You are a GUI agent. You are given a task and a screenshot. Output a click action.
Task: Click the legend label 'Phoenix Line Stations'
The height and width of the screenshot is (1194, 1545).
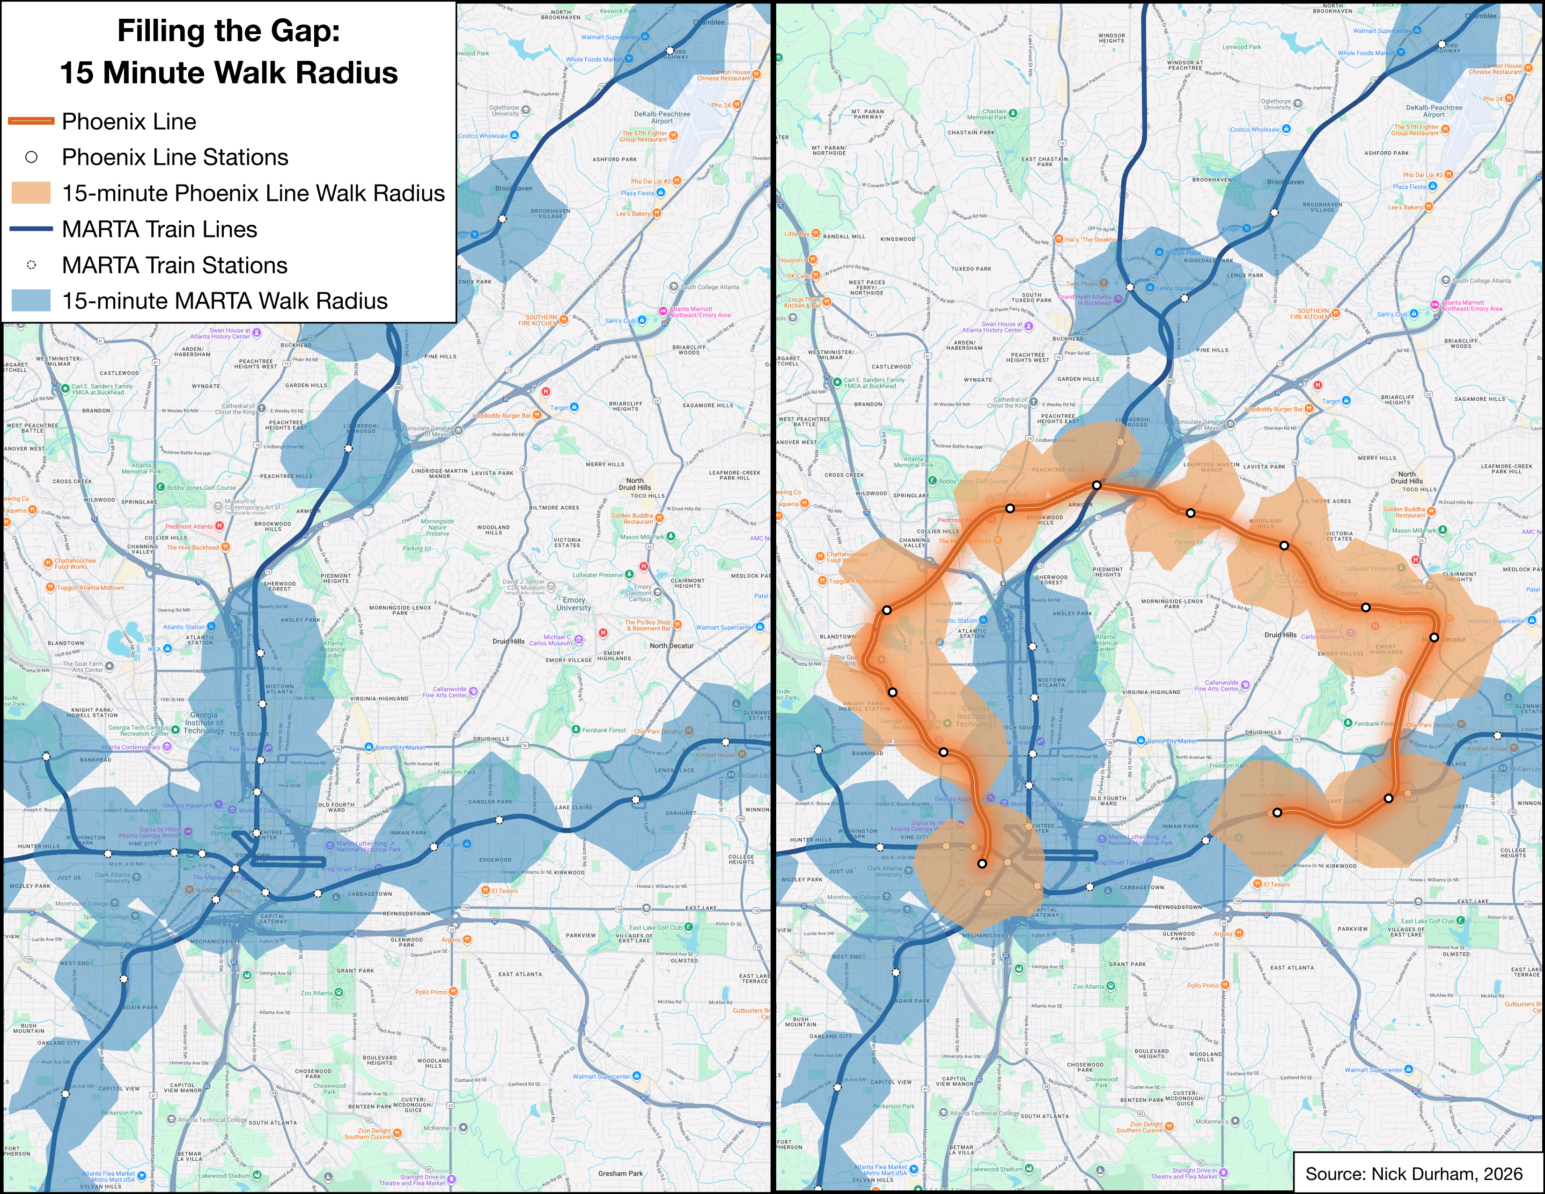point(175,157)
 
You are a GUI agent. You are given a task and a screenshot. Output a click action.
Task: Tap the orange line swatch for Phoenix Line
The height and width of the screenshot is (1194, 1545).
point(31,121)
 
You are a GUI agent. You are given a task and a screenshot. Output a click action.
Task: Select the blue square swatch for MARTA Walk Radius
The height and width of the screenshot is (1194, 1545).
point(31,301)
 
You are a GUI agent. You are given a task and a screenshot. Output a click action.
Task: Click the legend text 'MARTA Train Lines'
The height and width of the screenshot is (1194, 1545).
point(159,229)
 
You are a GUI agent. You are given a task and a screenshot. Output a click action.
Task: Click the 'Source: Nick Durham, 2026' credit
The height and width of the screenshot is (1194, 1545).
point(1413,1173)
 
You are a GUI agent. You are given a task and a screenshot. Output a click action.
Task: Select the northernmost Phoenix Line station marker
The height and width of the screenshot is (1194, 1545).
point(1096,485)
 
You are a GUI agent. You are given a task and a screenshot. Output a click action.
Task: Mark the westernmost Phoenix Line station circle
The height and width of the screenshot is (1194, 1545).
point(886,610)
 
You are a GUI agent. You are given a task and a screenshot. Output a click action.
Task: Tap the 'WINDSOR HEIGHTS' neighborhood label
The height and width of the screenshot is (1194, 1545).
point(1111,37)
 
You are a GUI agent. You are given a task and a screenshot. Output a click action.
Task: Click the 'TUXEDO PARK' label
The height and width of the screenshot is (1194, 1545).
point(971,269)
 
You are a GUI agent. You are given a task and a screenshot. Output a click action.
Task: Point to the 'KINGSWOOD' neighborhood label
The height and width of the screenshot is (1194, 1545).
point(898,239)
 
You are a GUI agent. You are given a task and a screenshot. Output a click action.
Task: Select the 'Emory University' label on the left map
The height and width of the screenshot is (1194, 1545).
point(573,604)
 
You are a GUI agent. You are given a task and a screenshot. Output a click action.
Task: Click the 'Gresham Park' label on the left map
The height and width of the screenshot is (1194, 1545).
point(620,1173)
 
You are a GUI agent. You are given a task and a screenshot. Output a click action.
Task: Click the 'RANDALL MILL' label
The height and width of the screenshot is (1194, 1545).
point(844,237)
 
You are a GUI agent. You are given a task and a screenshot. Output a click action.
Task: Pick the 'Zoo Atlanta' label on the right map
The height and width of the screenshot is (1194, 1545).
point(1088,986)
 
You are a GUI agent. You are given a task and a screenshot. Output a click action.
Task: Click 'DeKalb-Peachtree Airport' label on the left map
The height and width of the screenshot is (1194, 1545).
point(662,117)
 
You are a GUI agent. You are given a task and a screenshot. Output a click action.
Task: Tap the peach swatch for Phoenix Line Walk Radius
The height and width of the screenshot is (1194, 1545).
point(31,193)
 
